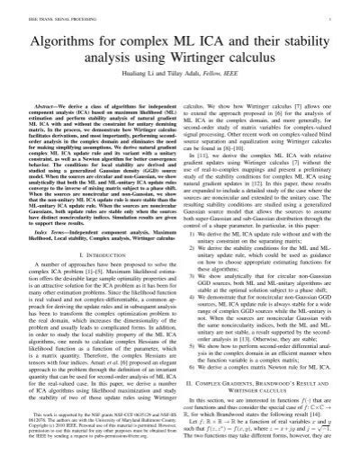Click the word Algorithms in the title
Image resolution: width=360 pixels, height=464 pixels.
coord(66,40)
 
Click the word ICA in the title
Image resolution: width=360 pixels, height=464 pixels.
coord(213,40)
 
